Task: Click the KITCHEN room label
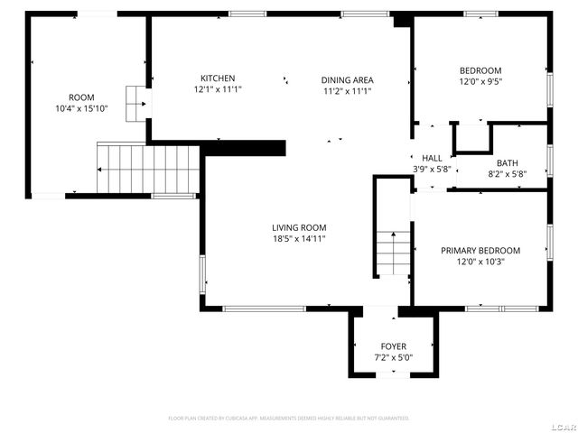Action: (x=218, y=78)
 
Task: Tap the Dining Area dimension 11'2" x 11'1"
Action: (x=348, y=90)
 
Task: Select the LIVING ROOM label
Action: (x=299, y=227)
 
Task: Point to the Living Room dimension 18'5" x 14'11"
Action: (x=299, y=239)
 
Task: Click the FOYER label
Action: (x=393, y=346)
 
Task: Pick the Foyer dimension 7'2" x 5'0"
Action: (x=393, y=358)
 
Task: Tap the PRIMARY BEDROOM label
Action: (x=480, y=251)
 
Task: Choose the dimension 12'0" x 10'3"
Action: (x=480, y=263)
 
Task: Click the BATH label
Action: (x=507, y=162)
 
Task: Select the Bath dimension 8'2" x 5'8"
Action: (x=507, y=174)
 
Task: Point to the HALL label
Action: (x=432, y=157)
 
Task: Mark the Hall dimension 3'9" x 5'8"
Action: (x=432, y=169)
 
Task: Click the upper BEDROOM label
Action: (x=480, y=70)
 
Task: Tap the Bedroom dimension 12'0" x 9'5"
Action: (x=480, y=81)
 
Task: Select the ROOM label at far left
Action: (x=81, y=97)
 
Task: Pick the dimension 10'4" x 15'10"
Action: (x=81, y=109)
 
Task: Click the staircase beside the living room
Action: (x=394, y=253)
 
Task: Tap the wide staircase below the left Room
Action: (x=146, y=168)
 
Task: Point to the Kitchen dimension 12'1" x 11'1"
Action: (x=218, y=90)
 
